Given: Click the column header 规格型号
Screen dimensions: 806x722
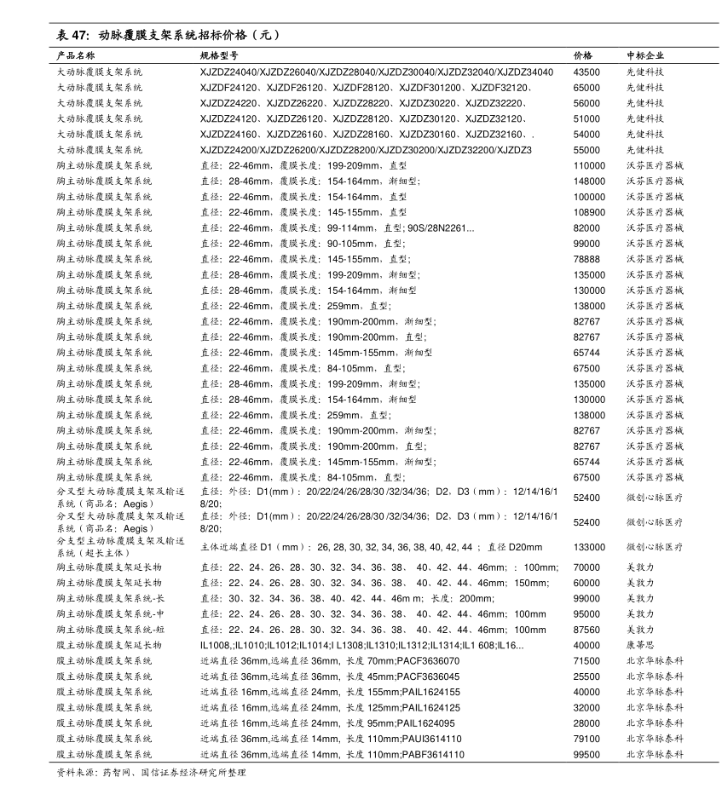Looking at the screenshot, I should coord(218,55).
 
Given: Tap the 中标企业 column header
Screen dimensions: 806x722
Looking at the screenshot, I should coord(645,55).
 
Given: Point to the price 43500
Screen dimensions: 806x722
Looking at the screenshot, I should coord(586,72).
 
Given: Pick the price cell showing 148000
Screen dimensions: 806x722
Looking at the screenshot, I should coord(589,181).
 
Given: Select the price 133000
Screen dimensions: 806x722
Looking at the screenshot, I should coord(589,547).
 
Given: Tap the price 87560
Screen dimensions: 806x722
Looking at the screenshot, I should coord(586,630).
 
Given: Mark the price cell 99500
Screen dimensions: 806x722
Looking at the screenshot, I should coord(586,754).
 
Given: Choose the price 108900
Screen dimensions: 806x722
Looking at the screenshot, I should coord(589,212).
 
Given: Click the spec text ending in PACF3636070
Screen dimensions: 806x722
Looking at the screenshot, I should coord(330,660).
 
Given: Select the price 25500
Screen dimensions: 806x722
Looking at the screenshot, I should coord(586,676).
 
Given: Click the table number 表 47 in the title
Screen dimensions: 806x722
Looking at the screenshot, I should coord(72,36).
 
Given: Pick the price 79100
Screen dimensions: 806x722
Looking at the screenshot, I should coord(586,739).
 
